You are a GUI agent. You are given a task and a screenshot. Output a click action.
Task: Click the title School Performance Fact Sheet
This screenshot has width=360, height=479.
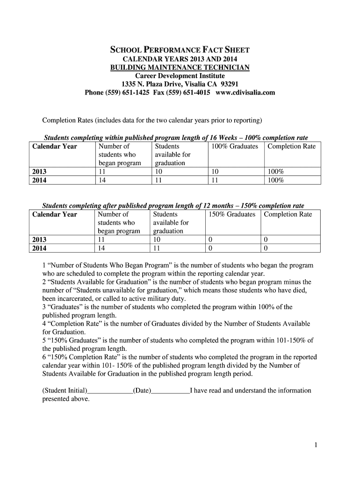point(180,50)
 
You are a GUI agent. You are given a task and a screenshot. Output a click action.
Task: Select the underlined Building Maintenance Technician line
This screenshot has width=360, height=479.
point(180,68)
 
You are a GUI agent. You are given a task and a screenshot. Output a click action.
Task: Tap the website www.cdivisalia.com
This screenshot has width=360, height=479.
point(245,93)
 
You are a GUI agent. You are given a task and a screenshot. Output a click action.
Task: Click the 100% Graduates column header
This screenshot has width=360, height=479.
point(234,146)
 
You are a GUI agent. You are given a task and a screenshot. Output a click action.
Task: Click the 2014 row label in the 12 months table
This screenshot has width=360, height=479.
point(39,248)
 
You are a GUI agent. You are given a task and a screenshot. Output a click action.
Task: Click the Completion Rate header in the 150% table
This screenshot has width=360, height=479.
point(288,214)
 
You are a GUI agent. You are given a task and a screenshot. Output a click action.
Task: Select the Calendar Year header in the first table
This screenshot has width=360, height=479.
point(55,146)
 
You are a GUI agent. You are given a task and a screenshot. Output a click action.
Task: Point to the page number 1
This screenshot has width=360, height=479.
point(316,445)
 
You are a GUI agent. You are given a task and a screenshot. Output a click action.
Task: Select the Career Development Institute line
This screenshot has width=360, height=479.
point(180,76)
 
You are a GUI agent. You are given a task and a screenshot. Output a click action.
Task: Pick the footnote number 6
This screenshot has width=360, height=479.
point(44,357)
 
